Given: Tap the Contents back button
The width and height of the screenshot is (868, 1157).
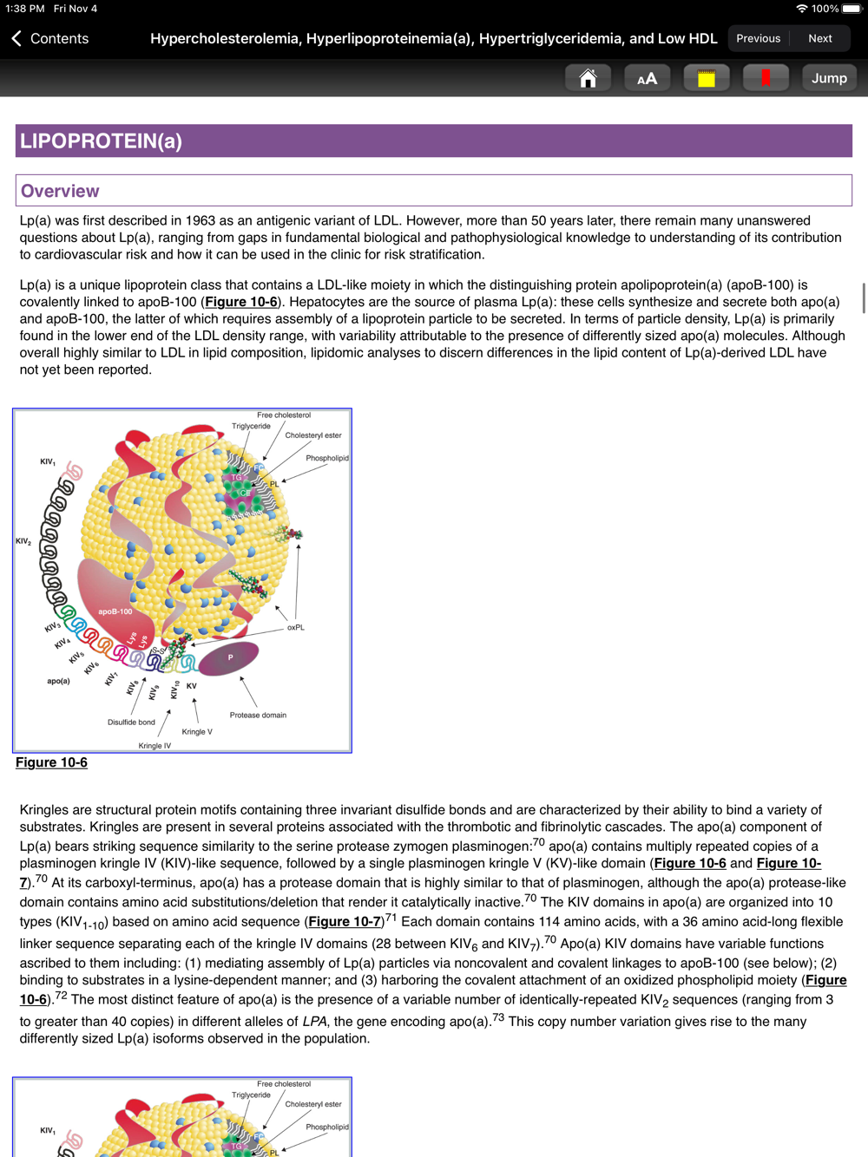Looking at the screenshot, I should pos(50,38).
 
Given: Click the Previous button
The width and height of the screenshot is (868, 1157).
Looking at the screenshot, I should pos(758,38).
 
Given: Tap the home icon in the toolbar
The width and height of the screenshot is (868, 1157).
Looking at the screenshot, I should pos(588,78).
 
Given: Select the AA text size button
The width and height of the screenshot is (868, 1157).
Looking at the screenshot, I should pos(647,78).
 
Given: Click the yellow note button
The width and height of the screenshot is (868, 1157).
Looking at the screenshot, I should pos(706,78).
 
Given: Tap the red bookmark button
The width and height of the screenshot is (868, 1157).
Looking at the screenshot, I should pos(766,78).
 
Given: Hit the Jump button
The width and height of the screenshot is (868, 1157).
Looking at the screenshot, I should pos(829,78).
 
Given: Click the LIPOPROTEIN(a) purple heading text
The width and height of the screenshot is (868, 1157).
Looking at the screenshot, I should pos(101,141).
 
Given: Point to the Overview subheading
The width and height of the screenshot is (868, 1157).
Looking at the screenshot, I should pos(60,191).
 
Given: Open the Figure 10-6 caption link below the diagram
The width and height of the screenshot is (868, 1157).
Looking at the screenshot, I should pos(51,762).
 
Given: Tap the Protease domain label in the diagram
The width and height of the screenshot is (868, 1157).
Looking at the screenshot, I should pos(258,715).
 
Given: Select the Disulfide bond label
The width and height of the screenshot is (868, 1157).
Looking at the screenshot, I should pos(131,722).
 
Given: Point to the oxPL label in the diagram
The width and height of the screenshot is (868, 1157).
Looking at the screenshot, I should pos(295,627).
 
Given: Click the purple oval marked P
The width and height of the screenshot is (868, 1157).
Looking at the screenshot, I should pos(229,658).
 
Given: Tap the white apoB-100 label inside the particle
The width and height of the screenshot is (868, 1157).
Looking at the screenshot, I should pos(115,611).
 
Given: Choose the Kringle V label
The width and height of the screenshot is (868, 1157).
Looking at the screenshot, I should pos(197,731).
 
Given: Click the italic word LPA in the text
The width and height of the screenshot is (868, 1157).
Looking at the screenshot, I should pos(314,1022).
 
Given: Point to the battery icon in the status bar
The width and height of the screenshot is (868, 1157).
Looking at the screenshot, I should pos(852,9).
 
